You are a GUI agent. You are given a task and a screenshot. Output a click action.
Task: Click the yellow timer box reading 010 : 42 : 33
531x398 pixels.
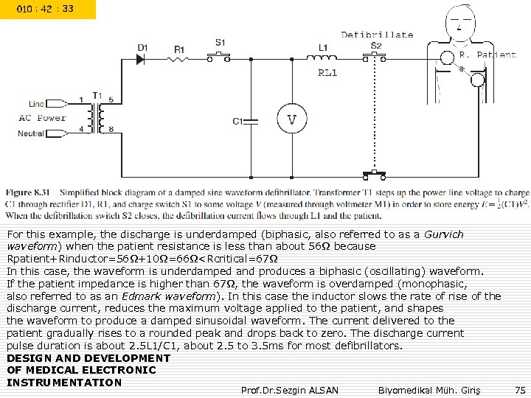click(x=48, y=10)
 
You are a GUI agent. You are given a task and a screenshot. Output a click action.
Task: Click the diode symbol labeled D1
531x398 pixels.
click(x=143, y=56)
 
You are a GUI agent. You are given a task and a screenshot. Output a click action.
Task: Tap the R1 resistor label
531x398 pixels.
click(x=179, y=49)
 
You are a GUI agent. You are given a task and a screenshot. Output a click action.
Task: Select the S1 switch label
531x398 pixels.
click(x=221, y=41)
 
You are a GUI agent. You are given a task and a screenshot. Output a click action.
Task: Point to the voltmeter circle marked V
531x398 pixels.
click(x=291, y=119)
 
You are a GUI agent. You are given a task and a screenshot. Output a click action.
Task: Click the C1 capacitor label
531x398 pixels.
click(x=238, y=121)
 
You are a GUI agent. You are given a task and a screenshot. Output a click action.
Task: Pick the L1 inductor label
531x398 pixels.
click(x=323, y=47)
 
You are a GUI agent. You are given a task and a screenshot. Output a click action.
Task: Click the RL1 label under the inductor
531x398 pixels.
click(x=327, y=72)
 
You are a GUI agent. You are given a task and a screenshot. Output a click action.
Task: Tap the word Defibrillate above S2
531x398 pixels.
click(x=377, y=35)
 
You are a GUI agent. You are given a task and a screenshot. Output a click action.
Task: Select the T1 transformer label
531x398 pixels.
click(x=97, y=94)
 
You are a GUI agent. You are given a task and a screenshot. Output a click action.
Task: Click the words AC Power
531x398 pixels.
click(x=42, y=118)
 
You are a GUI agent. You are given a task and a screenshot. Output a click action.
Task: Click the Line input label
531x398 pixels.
click(x=36, y=103)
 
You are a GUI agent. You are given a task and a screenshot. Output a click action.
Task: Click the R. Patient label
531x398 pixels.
click(x=487, y=55)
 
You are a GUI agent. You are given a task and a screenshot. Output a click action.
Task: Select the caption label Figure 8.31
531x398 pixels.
click(x=29, y=192)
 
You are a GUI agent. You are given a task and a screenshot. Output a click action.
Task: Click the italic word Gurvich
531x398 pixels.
click(x=445, y=234)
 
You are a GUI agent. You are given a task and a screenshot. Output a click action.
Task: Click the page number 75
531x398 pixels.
click(x=520, y=388)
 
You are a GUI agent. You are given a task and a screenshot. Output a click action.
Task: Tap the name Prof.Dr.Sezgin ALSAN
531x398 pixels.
click(x=289, y=388)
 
